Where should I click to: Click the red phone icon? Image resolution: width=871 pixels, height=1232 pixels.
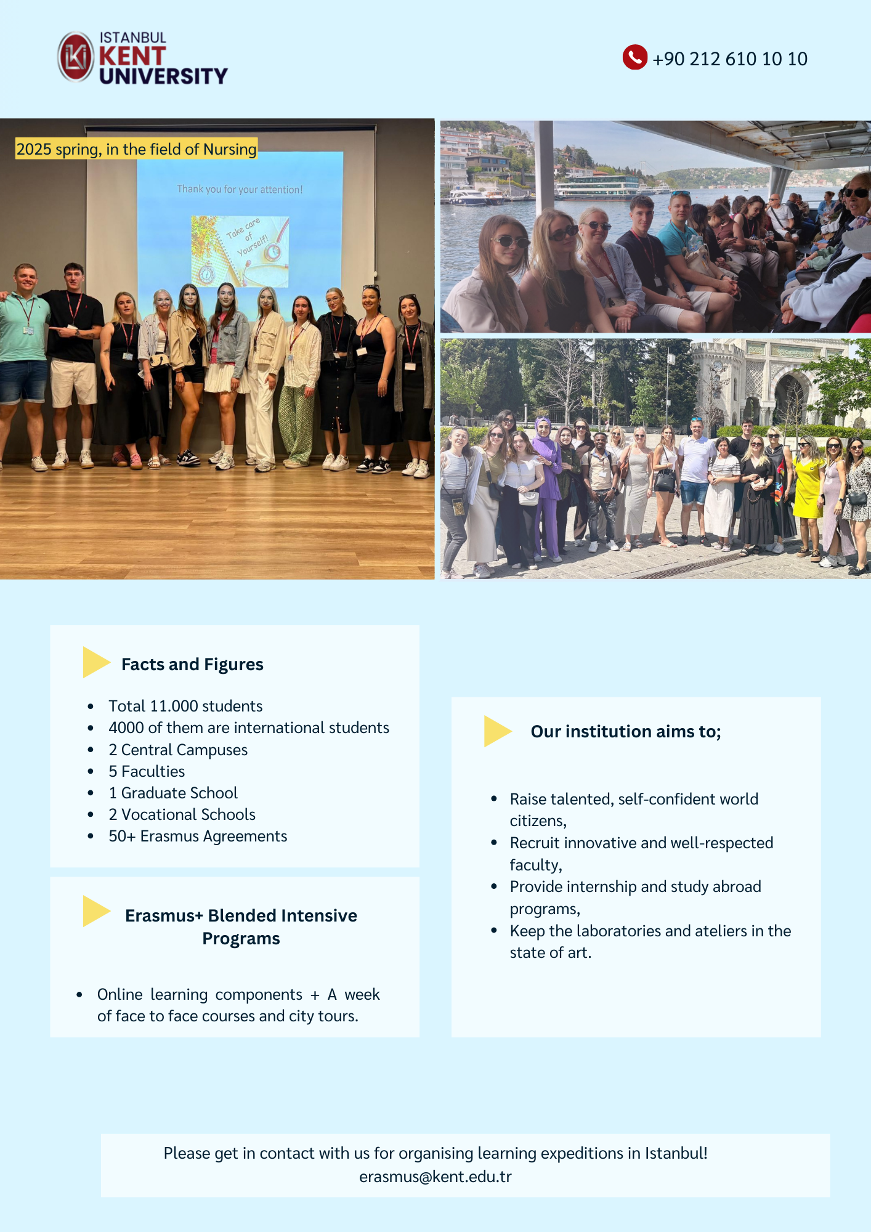(634, 57)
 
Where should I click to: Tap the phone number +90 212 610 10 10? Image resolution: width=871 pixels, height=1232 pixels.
(730, 59)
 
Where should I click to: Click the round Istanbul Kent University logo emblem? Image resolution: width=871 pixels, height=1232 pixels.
(76, 57)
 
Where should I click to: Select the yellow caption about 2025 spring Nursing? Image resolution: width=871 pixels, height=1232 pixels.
(136, 149)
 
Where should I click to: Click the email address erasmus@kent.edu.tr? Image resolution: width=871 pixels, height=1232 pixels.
(435, 1177)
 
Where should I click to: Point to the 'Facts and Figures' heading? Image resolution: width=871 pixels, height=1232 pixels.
(192, 664)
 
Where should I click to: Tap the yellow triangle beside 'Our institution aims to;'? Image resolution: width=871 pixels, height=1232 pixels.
(497, 731)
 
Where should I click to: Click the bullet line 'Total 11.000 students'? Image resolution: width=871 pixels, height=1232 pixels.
(185, 706)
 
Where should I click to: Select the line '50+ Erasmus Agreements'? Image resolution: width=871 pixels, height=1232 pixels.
(198, 836)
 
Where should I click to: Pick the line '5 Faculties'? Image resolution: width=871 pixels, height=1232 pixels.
(147, 771)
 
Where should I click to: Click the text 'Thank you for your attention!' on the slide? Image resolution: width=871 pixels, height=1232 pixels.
(240, 189)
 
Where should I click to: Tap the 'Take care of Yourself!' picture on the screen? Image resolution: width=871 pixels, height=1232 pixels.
(240, 251)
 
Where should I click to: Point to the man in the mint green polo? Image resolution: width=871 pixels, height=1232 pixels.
(23, 363)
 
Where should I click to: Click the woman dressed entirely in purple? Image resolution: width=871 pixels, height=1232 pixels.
(546, 487)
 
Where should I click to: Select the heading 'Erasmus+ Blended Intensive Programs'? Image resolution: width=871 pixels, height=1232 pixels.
(241, 926)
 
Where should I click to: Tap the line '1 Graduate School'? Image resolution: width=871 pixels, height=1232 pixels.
(173, 793)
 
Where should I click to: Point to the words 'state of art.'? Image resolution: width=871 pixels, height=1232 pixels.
(550, 952)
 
